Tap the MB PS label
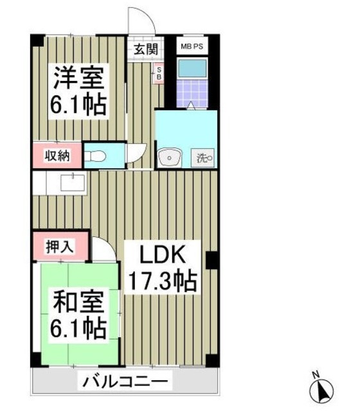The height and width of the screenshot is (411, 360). pos(192,46)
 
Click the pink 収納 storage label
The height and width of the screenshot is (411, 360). pos(57,155)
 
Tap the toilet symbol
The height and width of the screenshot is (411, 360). pos(96,155)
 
